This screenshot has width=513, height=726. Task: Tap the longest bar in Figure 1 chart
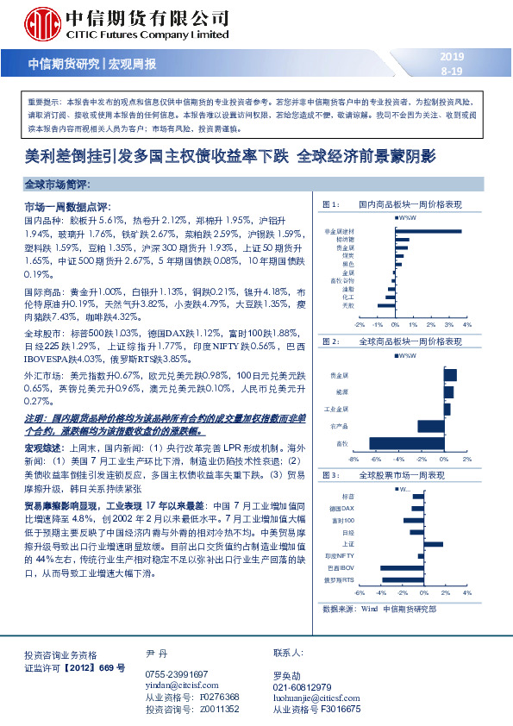click(428, 231)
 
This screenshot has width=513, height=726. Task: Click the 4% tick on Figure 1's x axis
click(466, 325)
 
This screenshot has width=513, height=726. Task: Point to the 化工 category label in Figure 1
click(347, 296)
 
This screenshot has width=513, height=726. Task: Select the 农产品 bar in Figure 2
click(430, 426)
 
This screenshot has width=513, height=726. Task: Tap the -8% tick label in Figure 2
click(353, 460)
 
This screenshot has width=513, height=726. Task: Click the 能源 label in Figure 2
click(343, 391)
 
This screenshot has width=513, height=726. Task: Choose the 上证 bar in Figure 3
click(435, 544)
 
